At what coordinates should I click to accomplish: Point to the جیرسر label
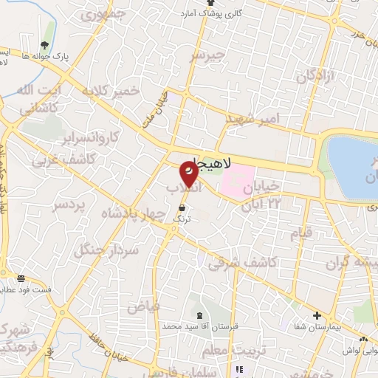[206, 56]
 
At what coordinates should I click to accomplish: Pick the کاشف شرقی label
[243, 263]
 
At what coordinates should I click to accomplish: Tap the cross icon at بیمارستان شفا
[317, 315]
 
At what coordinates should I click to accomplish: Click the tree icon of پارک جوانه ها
[50, 32]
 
